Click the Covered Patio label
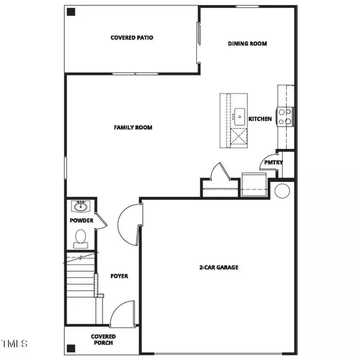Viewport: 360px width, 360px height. coord(132,38)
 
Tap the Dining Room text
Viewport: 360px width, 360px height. coord(247,44)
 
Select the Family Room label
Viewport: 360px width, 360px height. coord(133,127)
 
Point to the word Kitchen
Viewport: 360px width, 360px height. coord(260,119)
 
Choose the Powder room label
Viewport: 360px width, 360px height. coord(81,221)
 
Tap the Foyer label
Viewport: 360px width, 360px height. coord(119,276)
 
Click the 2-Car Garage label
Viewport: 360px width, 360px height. coord(218,267)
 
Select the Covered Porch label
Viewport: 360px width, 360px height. coord(103,340)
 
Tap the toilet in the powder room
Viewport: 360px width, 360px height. coord(80,240)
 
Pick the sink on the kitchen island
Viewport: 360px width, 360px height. coord(239,115)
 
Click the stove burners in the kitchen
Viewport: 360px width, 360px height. coord(286,115)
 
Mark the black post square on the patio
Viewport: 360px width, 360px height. coord(71,12)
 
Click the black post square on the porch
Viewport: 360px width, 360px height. coord(71,347)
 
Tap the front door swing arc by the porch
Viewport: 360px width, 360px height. coord(122,314)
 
